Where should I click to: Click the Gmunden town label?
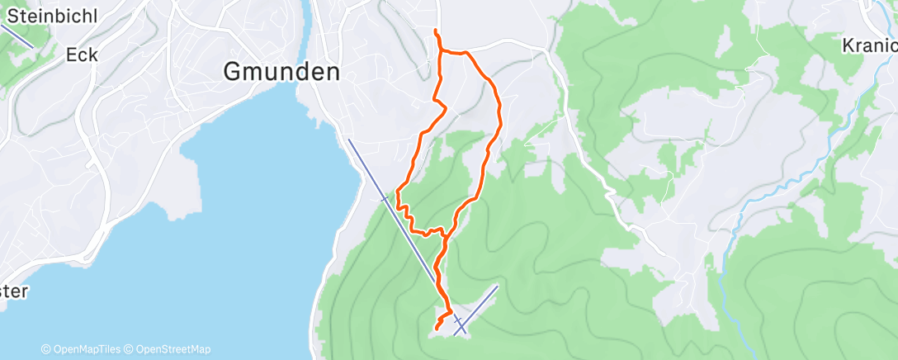pos(281,73)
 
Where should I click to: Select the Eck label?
pos(82,55)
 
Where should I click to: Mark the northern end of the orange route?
pos(436,31)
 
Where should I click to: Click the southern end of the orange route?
pos(436,329)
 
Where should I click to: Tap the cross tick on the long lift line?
pos(384,198)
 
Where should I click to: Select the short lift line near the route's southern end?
pos(477,309)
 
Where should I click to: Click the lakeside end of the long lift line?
pos(349,140)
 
